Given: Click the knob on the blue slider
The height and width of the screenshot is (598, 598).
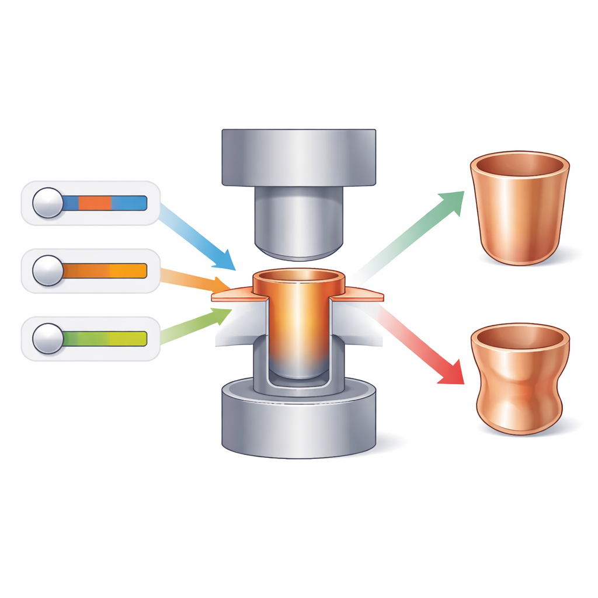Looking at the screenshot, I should click(x=47, y=203).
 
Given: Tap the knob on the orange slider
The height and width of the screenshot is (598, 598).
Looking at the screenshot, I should click(x=47, y=270).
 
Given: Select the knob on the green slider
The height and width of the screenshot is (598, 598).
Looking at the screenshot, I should click(x=47, y=339).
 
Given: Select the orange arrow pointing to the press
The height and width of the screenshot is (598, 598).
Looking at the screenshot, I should click(x=199, y=281).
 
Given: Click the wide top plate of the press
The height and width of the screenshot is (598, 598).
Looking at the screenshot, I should click(x=298, y=157).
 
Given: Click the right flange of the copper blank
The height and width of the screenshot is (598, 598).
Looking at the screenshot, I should click(x=362, y=295).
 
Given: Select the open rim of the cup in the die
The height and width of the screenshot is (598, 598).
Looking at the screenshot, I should click(x=298, y=275).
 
